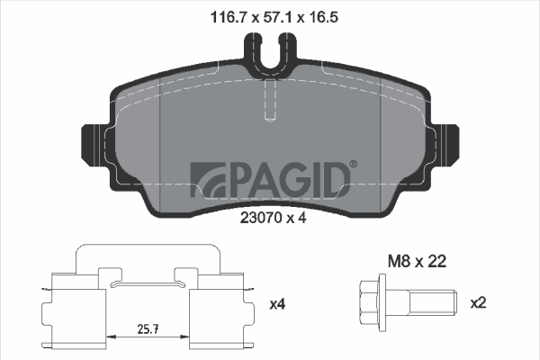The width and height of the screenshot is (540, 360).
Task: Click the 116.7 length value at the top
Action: (x=228, y=17)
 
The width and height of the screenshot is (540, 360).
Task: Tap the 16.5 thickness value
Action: (x=322, y=17)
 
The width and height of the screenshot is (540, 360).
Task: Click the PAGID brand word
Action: (x=288, y=180)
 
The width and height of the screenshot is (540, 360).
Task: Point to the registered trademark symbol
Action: (x=354, y=164)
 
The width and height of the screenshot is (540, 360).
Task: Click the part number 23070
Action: (x=259, y=218)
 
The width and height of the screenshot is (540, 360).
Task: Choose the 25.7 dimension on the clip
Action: (x=148, y=329)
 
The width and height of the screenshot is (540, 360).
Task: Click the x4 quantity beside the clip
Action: (x=277, y=304)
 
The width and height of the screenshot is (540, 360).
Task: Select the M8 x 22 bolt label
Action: (x=417, y=262)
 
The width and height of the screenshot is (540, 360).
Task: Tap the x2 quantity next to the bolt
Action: (x=479, y=302)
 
